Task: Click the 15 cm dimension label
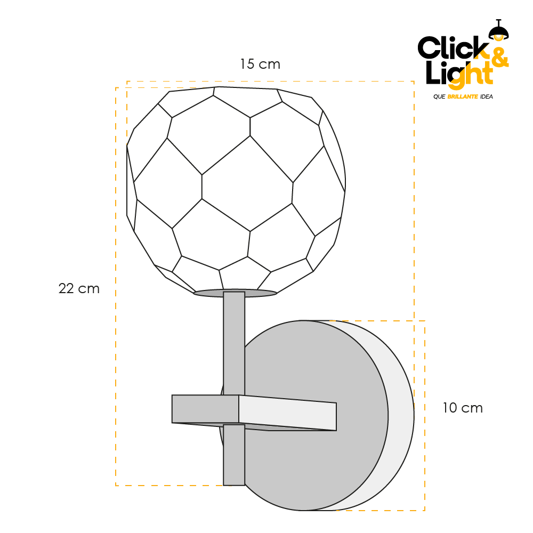click(x=260, y=64)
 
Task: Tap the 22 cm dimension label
click(x=79, y=289)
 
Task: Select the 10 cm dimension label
click(x=463, y=408)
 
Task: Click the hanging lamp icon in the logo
click(x=499, y=31)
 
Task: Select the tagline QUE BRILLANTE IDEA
click(x=463, y=97)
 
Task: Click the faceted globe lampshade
click(x=235, y=187)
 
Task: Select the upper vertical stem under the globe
click(x=234, y=341)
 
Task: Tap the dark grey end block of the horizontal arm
click(x=205, y=409)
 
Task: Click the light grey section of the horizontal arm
click(x=288, y=414)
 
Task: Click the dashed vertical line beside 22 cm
click(x=116, y=288)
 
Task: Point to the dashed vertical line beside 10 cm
click(x=425, y=416)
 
